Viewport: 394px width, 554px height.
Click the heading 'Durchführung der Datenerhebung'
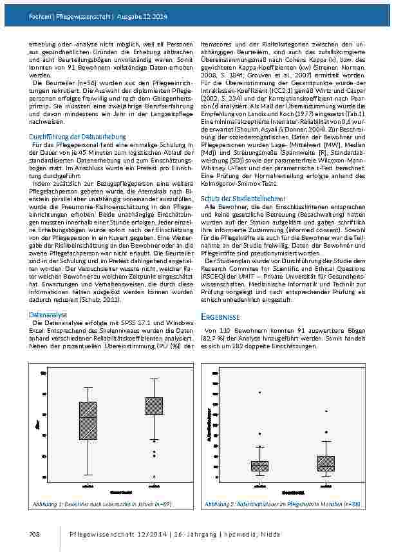(78, 137)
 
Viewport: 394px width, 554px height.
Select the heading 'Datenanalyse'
(47, 315)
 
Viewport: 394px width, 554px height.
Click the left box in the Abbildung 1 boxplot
(88, 421)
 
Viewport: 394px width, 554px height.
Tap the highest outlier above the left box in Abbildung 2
(259, 392)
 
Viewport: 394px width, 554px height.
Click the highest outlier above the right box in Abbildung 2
(326, 411)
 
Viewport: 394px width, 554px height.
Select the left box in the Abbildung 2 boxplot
(259, 466)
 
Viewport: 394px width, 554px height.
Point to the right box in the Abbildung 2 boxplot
(326, 463)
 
